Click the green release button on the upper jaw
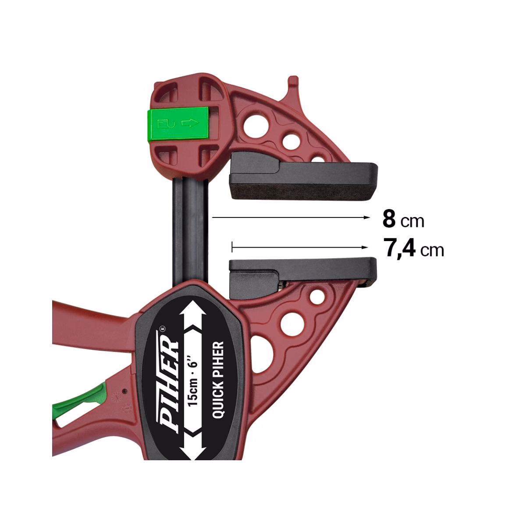(178, 123)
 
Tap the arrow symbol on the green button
(190, 123)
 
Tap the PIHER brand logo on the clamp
(169, 382)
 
